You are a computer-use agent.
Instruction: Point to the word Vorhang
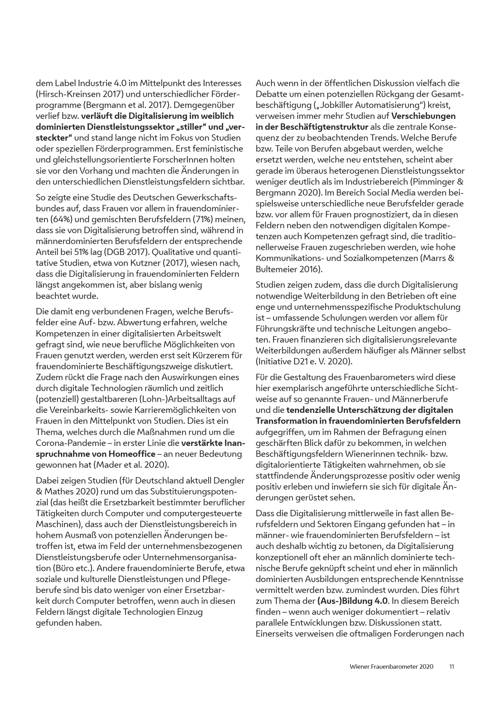tap(98, 171)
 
